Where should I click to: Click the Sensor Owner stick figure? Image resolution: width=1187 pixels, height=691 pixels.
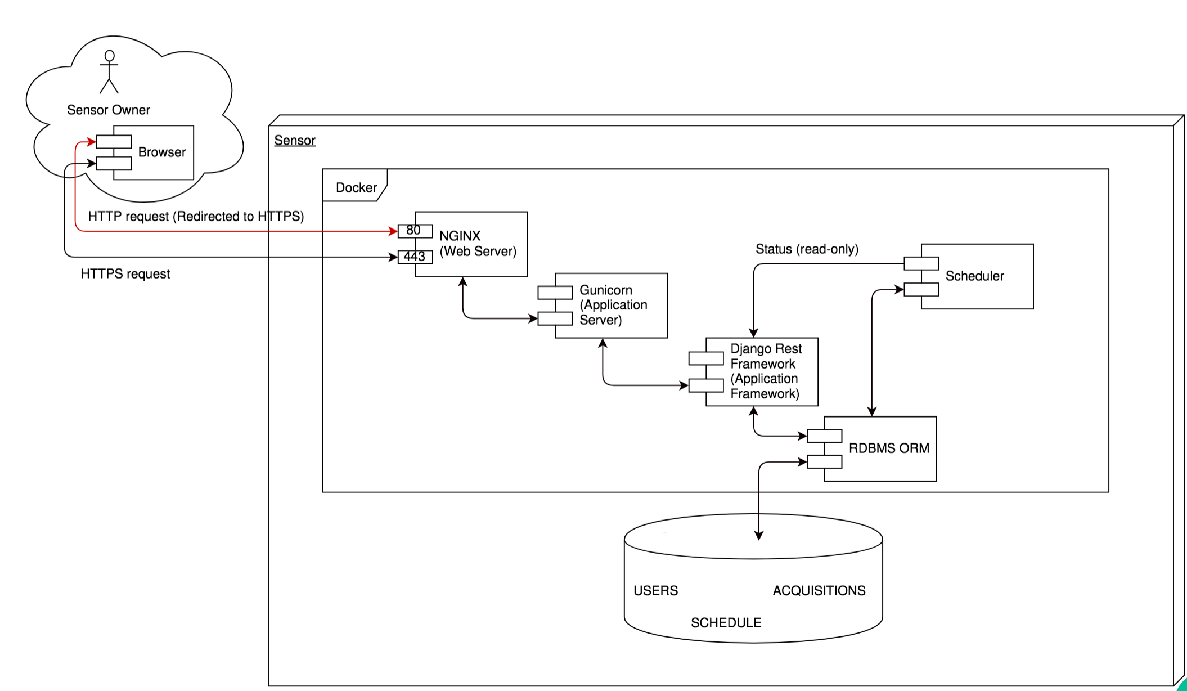[109, 71]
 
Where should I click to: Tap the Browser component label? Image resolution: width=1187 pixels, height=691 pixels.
[162, 152]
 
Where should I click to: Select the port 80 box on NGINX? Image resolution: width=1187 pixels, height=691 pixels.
[415, 231]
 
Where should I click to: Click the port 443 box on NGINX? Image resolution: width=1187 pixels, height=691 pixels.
[415, 257]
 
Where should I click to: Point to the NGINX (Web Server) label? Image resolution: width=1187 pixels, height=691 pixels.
[478, 244]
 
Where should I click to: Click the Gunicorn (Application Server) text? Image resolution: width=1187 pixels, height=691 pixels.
[613, 305]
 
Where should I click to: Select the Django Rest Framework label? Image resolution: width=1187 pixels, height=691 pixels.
[766, 371]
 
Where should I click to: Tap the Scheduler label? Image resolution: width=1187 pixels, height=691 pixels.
[974, 276]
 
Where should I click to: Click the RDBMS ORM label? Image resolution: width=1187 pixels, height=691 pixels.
[889, 448]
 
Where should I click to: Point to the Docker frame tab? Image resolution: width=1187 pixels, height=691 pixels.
[355, 185]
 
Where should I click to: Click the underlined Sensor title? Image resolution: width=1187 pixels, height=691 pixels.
[295, 140]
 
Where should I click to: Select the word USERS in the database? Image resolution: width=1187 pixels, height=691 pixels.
[655, 590]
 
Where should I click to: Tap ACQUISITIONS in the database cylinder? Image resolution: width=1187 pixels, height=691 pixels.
[819, 590]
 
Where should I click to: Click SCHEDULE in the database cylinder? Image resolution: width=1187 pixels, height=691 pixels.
[726, 622]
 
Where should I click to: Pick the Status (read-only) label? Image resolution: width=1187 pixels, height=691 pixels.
[807, 249]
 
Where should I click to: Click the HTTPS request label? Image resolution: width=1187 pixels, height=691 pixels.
[125, 273]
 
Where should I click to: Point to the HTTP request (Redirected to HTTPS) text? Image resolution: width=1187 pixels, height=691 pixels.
[196, 216]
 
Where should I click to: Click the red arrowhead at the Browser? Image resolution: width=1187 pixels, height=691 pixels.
[92, 142]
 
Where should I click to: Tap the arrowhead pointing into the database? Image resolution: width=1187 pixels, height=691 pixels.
[759, 535]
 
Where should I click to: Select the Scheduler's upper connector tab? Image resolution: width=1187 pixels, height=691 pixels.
[921, 263]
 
